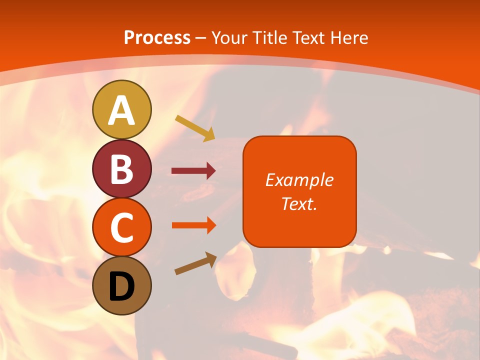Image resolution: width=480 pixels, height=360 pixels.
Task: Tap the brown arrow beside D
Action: click(195, 263)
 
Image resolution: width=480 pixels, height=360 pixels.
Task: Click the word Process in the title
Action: click(157, 38)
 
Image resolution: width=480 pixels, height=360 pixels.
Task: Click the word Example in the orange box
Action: click(299, 180)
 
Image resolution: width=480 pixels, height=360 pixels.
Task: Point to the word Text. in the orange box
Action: click(299, 203)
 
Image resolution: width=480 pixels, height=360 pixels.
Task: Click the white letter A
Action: click(121, 110)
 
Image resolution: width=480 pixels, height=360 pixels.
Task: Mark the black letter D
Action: click(121, 286)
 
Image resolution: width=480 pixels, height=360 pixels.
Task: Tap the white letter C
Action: click(121, 228)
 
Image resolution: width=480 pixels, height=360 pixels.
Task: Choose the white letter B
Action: click(121, 169)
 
